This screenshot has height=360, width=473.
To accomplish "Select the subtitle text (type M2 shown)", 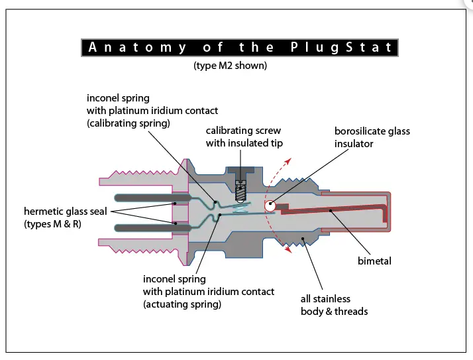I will point(230,66).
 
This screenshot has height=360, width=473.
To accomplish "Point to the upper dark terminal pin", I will point(149,198).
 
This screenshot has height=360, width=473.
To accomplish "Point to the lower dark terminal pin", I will point(149,227).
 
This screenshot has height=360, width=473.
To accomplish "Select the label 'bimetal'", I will point(374,261).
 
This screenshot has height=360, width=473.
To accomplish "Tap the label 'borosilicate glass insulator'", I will point(372,137).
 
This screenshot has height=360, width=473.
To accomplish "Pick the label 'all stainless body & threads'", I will point(334,305).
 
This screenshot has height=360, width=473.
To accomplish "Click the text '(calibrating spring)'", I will point(128,123).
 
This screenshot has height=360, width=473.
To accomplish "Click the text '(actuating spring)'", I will point(182,304).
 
